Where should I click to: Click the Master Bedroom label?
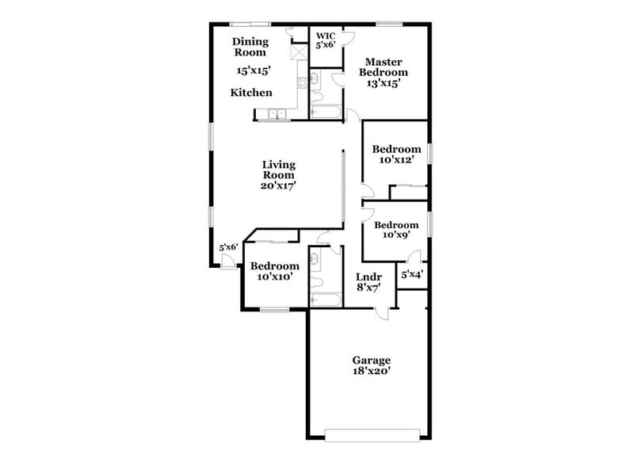(x=383, y=71)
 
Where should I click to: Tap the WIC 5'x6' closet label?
(x=326, y=40)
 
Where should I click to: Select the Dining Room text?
(x=250, y=47)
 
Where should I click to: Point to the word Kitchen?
(x=251, y=93)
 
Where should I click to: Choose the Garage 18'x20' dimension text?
(x=372, y=370)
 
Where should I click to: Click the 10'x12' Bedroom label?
(x=396, y=155)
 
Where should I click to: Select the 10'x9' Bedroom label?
(x=396, y=230)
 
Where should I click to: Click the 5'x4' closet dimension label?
(x=411, y=275)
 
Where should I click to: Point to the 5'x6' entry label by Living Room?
(x=228, y=247)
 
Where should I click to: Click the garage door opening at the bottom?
(x=372, y=434)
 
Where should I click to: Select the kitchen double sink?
(x=278, y=115)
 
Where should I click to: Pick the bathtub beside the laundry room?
(x=326, y=300)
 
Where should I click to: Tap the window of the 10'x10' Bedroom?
(x=274, y=309)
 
